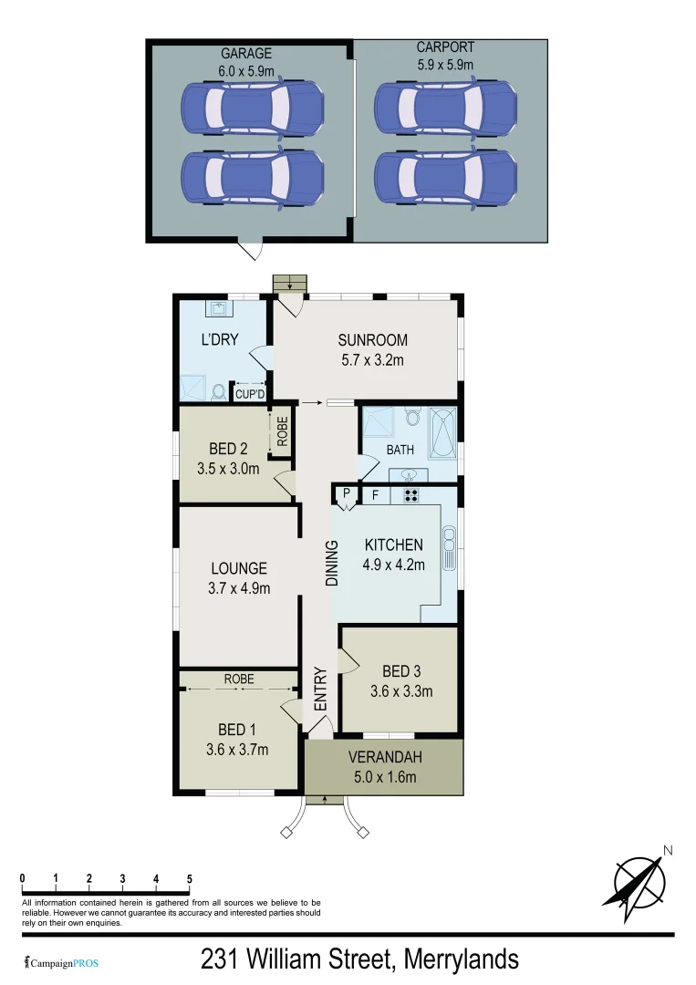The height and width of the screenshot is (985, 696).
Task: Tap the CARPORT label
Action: click(x=445, y=47)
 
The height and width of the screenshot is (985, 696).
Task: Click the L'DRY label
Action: click(x=220, y=340)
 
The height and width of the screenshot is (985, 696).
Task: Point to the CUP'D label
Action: click(x=250, y=394)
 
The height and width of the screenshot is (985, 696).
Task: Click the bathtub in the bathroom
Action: click(x=444, y=435)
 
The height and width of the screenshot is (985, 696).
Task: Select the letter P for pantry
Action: click(x=347, y=493)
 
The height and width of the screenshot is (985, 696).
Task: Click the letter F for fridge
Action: click(x=373, y=495)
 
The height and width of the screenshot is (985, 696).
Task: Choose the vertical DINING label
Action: click(x=332, y=563)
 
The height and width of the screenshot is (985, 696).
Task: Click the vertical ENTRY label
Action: click(x=320, y=689)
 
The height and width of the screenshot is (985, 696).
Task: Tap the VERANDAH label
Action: click(x=384, y=758)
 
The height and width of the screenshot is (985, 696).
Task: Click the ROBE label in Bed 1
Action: click(x=239, y=679)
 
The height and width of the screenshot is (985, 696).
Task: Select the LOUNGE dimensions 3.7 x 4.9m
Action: click(x=239, y=588)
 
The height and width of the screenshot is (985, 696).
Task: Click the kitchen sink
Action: click(x=448, y=546)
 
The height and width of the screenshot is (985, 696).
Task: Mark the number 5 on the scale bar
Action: click(x=190, y=878)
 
